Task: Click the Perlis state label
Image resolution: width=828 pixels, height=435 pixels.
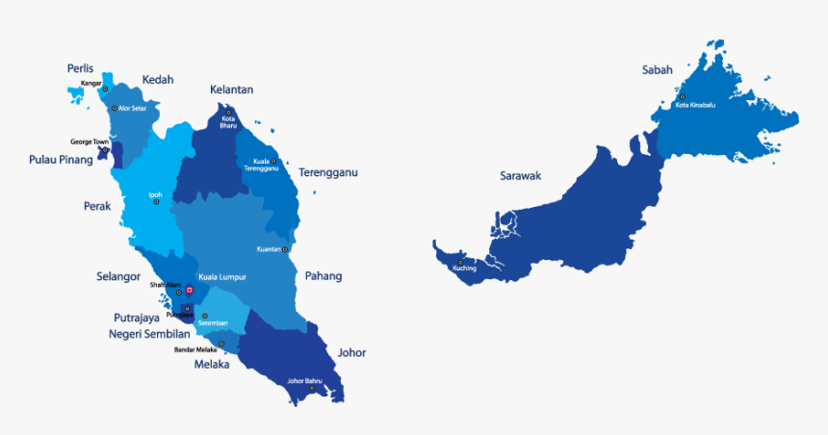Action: click(x=80, y=68)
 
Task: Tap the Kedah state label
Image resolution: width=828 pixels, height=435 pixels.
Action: click(x=158, y=80)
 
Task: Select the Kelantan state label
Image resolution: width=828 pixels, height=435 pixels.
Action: click(x=231, y=90)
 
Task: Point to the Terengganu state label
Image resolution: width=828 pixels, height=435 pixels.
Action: click(x=327, y=173)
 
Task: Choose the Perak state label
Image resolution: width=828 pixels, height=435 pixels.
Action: click(x=97, y=206)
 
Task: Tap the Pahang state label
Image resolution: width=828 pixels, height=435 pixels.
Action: click(x=323, y=276)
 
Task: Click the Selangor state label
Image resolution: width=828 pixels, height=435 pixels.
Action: click(x=117, y=276)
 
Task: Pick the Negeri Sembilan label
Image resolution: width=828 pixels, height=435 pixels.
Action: click(x=149, y=334)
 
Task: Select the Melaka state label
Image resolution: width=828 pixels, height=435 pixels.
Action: click(x=212, y=365)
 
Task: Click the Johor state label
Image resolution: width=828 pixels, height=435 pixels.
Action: click(x=351, y=353)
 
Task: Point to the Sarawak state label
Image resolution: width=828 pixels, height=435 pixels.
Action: click(x=521, y=176)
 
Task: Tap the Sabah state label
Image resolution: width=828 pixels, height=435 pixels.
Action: click(x=658, y=70)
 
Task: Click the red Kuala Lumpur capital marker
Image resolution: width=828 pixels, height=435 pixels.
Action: click(x=190, y=289)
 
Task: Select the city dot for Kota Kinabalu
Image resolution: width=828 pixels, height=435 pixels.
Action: click(x=682, y=97)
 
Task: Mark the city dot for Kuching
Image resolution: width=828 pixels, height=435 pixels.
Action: click(x=461, y=262)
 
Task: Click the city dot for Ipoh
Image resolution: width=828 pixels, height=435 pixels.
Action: click(x=156, y=202)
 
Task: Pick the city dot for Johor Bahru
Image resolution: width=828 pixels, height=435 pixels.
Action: click(x=311, y=388)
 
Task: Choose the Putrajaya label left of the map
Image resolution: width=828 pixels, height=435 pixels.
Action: click(x=136, y=318)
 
